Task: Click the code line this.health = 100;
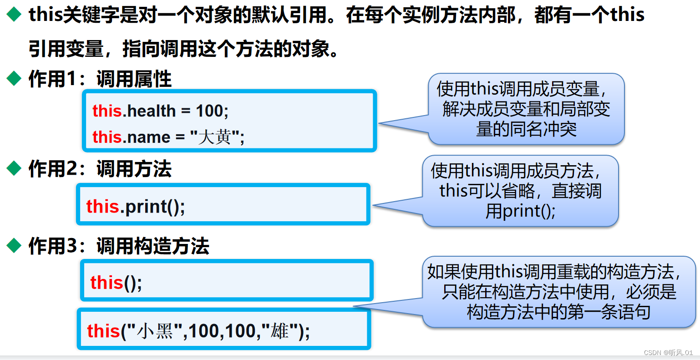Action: [160, 111]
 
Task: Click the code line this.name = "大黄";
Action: [168, 137]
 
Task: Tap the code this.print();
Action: [136, 207]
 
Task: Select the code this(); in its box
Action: [116, 283]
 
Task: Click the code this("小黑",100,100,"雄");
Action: [198, 331]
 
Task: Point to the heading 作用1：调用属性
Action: [100, 79]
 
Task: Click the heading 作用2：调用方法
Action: [100, 169]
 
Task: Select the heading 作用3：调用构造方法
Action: [118, 246]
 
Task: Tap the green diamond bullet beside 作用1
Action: [14, 79]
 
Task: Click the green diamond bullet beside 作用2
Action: [14, 169]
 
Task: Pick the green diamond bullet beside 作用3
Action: [14, 246]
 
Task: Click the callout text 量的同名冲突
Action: [526, 129]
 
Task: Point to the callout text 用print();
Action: [520, 211]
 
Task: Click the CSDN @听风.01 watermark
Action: [668, 353]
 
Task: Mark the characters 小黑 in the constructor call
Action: [155, 331]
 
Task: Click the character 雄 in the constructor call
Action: [279, 331]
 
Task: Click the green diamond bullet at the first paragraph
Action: [14, 15]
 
